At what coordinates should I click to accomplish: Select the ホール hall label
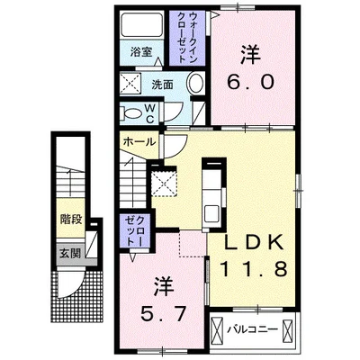[x=138, y=141]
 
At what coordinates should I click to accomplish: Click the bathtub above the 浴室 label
[x=141, y=26]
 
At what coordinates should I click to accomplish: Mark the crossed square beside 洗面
[x=130, y=85]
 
